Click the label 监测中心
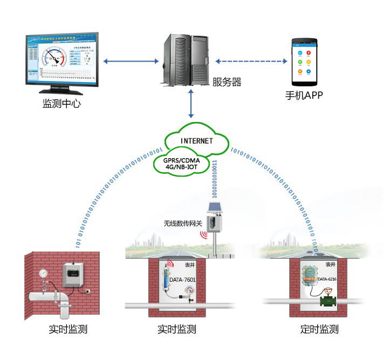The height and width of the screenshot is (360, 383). click(x=61, y=104)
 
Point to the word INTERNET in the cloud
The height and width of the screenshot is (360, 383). click(x=197, y=141)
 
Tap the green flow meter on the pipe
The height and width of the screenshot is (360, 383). click(x=327, y=299)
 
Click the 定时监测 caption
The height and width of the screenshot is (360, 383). click(x=319, y=329)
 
